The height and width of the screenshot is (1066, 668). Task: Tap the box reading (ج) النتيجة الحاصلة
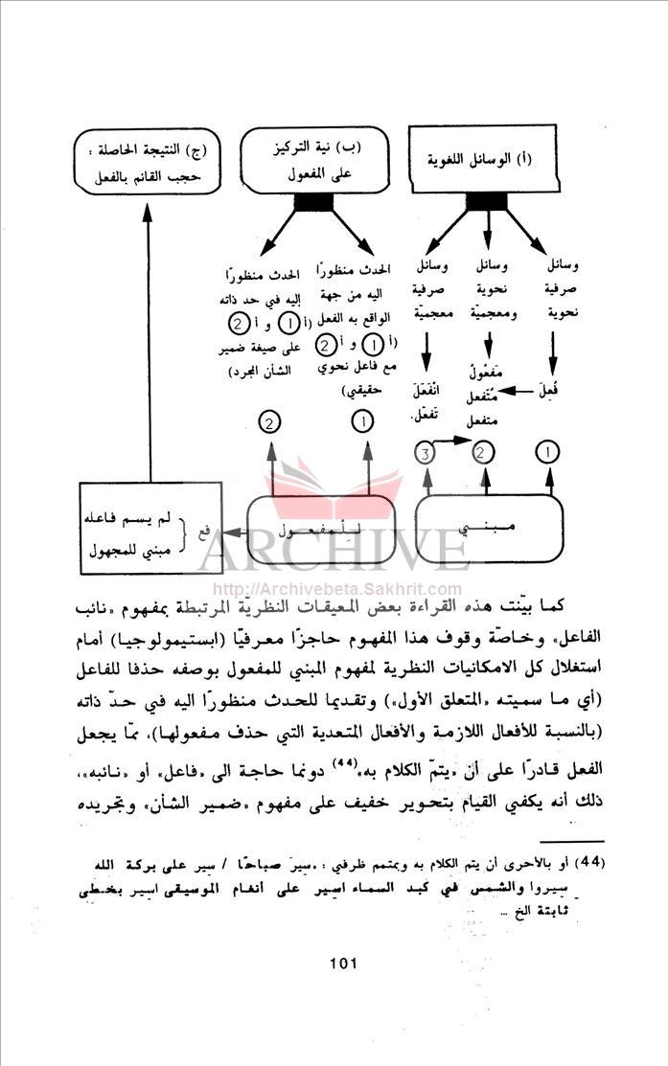(x=145, y=164)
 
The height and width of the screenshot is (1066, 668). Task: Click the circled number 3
(x=427, y=450)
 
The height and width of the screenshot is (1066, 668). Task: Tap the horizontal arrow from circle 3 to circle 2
(x=455, y=441)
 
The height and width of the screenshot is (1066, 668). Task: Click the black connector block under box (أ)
(x=489, y=203)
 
